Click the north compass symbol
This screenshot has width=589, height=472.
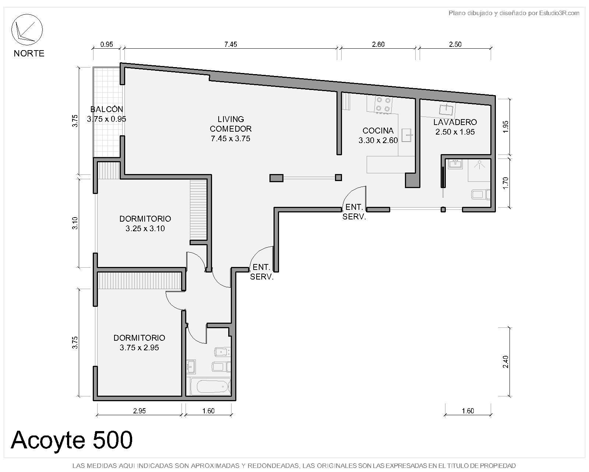click(27, 29)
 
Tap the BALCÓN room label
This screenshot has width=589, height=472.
click(106, 114)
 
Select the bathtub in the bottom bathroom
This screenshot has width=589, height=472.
click(212, 387)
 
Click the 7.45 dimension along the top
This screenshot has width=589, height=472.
click(230, 44)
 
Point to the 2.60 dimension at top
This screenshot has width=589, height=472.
click(378, 44)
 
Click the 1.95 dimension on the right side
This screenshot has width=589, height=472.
click(505, 127)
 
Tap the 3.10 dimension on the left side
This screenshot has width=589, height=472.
click(75, 223)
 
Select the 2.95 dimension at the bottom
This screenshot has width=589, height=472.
click(139, 411)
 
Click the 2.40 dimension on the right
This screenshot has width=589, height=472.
click(505, 362)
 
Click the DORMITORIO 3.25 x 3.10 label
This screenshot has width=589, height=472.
click(145, 223)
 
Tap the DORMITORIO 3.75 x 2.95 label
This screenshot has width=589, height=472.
click(139, 343)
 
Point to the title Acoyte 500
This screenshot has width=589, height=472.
click(72, 440)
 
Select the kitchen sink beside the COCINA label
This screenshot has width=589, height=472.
click(407, 135)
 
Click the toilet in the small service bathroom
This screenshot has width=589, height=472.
click(481, 195)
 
